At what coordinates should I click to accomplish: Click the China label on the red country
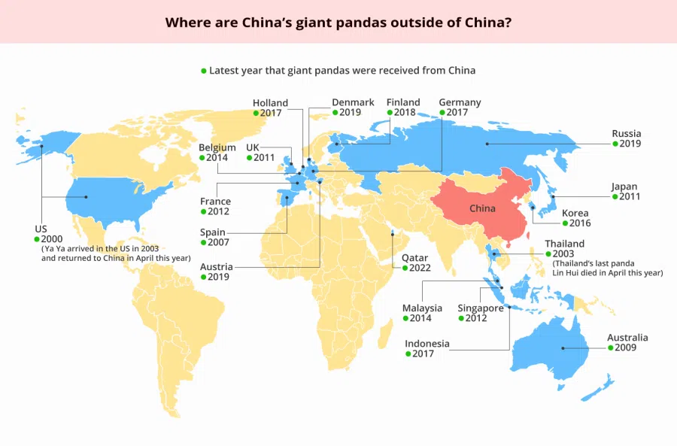(x=482, y=208)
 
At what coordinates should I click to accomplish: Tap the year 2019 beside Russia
(x=630, y=144)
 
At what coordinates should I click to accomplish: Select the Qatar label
(x=414, y=258)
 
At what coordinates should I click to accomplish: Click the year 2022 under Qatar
(x=420, y=268)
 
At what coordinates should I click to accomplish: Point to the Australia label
(x=627, y=338)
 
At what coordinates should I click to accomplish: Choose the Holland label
(x=270, y=103)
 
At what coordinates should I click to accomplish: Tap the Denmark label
(x=353, y=102)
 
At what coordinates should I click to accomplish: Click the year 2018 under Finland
(x=404, y=112)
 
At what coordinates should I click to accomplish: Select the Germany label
(x=460, y=102)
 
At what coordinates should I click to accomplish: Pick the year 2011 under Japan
(x=630, y=196)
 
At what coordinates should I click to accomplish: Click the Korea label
(x=575, y=213)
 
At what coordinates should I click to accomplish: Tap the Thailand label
(x=564, y=244)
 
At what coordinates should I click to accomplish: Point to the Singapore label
(x=480, y=308)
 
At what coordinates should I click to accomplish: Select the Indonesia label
(x=427, y=344)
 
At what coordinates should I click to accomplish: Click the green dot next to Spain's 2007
(x=204, y=243)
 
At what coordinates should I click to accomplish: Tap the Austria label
(x=216, y=267)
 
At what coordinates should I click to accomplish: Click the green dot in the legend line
(x=204, y=71)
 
